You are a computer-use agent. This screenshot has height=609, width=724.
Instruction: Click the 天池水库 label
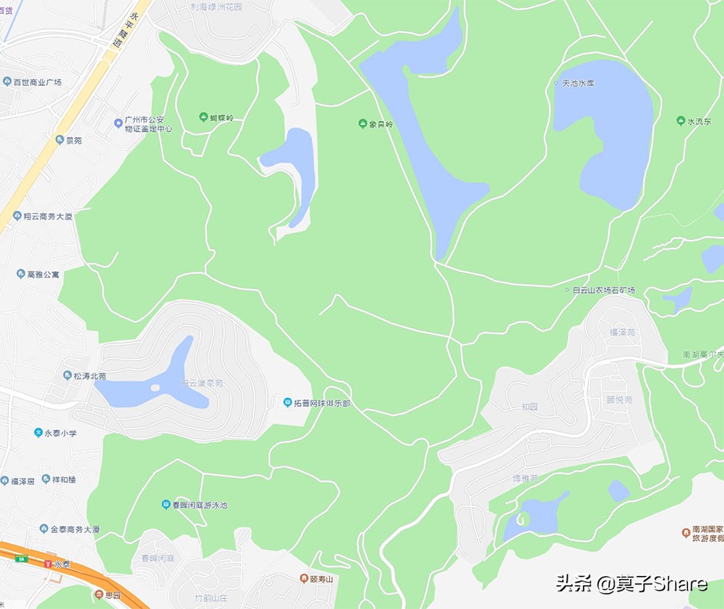(x=578, y=83)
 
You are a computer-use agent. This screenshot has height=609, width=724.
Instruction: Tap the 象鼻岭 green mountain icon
(x=363, y=123)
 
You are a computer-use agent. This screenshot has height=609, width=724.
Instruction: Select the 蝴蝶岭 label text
(x=222, y=118)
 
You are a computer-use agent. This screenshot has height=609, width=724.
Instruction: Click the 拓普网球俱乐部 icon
(x=288, y=403)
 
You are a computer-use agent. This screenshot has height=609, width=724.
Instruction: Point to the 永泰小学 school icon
(x=38, y=433)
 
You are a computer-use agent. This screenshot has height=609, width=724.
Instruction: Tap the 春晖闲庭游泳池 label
(x=199, y=505)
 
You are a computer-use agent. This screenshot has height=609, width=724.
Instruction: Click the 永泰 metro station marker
(x=48, y=564)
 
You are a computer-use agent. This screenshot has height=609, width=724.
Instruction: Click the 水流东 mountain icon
(x=681, y=121)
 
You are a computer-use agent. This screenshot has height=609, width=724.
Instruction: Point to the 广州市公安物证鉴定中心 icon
(x=118, y=121)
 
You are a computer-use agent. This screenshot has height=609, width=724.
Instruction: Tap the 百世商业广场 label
(x=37, y=81)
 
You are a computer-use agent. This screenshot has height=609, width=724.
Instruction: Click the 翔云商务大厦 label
(x=48, y=216)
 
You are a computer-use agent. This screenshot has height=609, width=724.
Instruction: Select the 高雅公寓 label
(x=43, y=274)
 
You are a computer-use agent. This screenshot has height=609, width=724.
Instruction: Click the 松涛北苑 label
(x=90, y=376)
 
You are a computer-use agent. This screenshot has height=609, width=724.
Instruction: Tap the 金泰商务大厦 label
(x=75, y=529)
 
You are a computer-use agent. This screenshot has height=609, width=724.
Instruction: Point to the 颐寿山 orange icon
(x=304, y=578)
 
